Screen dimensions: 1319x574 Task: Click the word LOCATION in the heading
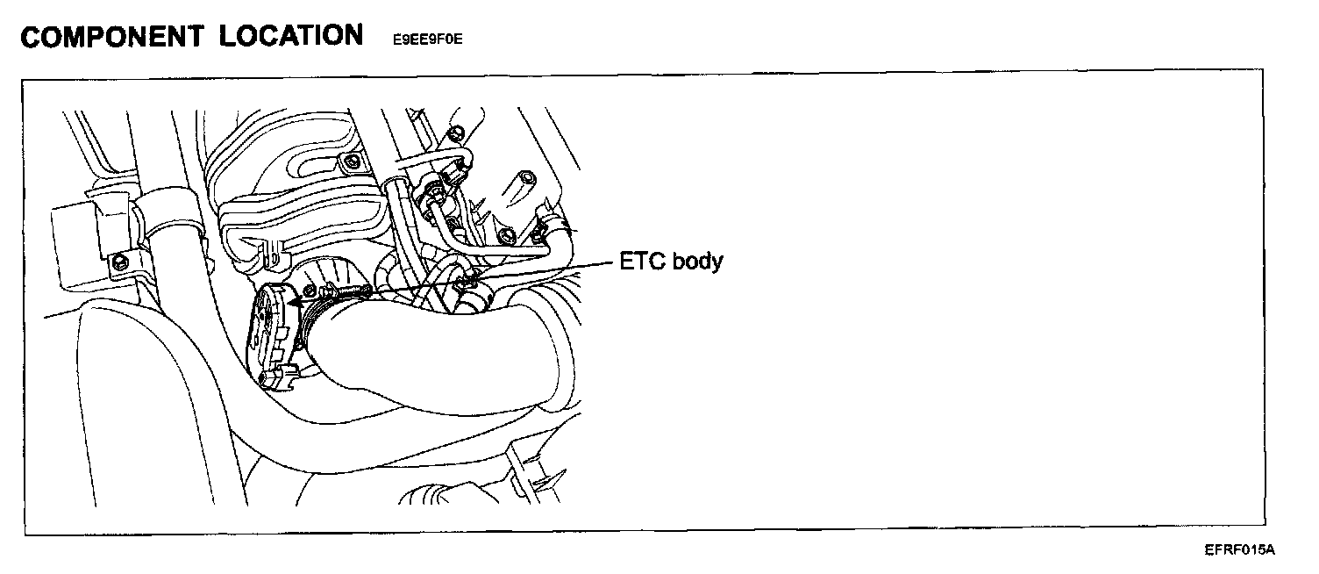point(292,36)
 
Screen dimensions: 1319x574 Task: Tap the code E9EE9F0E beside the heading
point(427,40)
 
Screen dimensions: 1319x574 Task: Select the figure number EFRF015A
point(1239,550)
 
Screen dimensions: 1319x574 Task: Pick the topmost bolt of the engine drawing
point(454,133)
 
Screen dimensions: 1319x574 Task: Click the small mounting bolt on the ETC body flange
point(309,291)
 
